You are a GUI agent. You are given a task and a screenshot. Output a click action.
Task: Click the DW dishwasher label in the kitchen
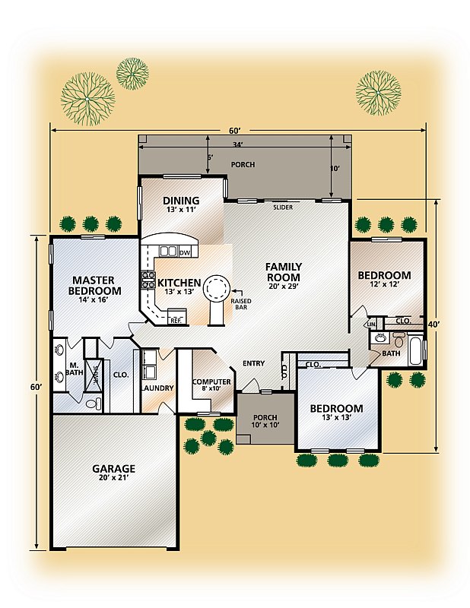[185, 253]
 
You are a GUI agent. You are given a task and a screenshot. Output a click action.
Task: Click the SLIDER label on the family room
[283, 207]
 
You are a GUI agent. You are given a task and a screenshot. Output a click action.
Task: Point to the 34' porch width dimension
[237, 144]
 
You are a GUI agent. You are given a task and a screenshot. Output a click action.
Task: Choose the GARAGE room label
[113, 469]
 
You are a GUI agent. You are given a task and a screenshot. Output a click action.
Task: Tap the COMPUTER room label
[211, 382]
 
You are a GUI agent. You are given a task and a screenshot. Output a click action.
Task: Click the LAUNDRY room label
[157, 388]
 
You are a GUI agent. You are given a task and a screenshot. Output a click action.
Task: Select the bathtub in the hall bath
[415, 351]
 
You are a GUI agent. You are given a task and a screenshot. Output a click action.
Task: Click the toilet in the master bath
[92, 404]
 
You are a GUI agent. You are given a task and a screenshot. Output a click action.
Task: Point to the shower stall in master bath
[94, 374]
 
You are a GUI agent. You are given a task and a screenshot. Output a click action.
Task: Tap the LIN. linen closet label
[371, 324]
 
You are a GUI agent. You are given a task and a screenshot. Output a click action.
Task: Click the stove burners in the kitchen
[148, 280]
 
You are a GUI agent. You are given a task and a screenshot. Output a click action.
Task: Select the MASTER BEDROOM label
[94, 286]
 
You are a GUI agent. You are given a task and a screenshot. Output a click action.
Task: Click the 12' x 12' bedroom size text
[384, 283]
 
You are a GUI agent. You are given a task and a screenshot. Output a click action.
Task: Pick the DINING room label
[181, 201]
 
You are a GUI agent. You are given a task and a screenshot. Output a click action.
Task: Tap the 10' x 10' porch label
[265, 425]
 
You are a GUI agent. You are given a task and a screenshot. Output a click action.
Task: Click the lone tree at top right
[379, 93]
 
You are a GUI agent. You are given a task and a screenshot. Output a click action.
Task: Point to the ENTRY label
[253, 363]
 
